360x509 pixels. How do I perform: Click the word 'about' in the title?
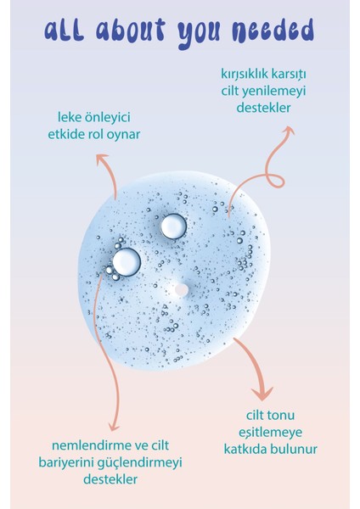click(131, 31)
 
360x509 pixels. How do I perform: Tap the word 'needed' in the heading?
click(273, 31)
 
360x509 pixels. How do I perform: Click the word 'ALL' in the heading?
click(64, 31)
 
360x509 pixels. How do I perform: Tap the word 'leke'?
click(70, 117)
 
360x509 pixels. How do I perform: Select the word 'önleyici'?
click(108, 118)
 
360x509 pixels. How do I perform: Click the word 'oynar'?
click(124, 135)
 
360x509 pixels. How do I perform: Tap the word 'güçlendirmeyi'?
click(139, 463)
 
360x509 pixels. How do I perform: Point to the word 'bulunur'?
click(294, 450)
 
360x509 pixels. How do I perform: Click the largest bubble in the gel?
click(127, 262)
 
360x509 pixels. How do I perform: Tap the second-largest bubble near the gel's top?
click(173, 227)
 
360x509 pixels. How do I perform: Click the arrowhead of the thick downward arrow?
click(262, 393)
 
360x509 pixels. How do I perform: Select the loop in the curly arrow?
click(275, 181)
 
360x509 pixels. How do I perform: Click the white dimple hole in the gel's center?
click(181, 290)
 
